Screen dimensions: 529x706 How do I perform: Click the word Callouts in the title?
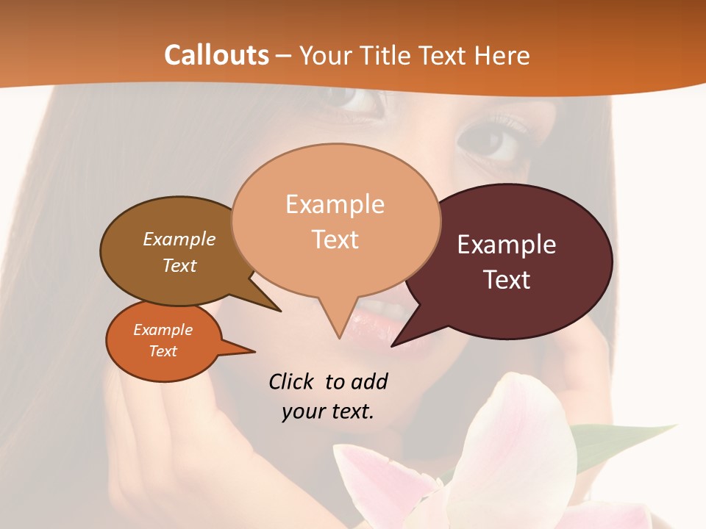point(216,55)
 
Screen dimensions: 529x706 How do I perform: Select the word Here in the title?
point(503,55)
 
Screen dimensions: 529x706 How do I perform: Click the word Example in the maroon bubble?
point(507,245)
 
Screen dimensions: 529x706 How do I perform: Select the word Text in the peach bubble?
point(335,240)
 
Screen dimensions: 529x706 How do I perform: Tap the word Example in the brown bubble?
point(179,239)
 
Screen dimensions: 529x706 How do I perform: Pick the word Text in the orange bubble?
point(163,351)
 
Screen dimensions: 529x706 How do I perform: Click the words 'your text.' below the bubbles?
point(328,411)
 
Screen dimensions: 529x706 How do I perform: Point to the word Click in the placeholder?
point(293,381)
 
